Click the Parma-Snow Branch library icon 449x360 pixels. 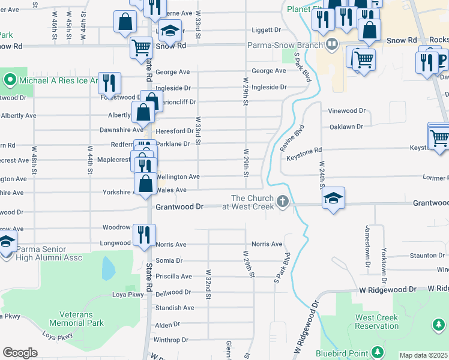pos(332,44)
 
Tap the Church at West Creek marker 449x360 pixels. pos(283,201)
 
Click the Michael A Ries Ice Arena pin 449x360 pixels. pos(10,80)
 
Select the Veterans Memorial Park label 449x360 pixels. pos(82,319)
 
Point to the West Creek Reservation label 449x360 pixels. pos(377,322)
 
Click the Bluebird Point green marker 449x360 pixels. pos(376,351)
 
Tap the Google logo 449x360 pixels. pos(20,353)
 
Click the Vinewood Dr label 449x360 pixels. pos(346,111)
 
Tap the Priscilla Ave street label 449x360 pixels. pos(173,277)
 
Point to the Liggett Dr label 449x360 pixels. pos(265,29)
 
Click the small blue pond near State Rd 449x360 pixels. pos(108,268)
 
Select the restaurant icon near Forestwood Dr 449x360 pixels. pos(109,82)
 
